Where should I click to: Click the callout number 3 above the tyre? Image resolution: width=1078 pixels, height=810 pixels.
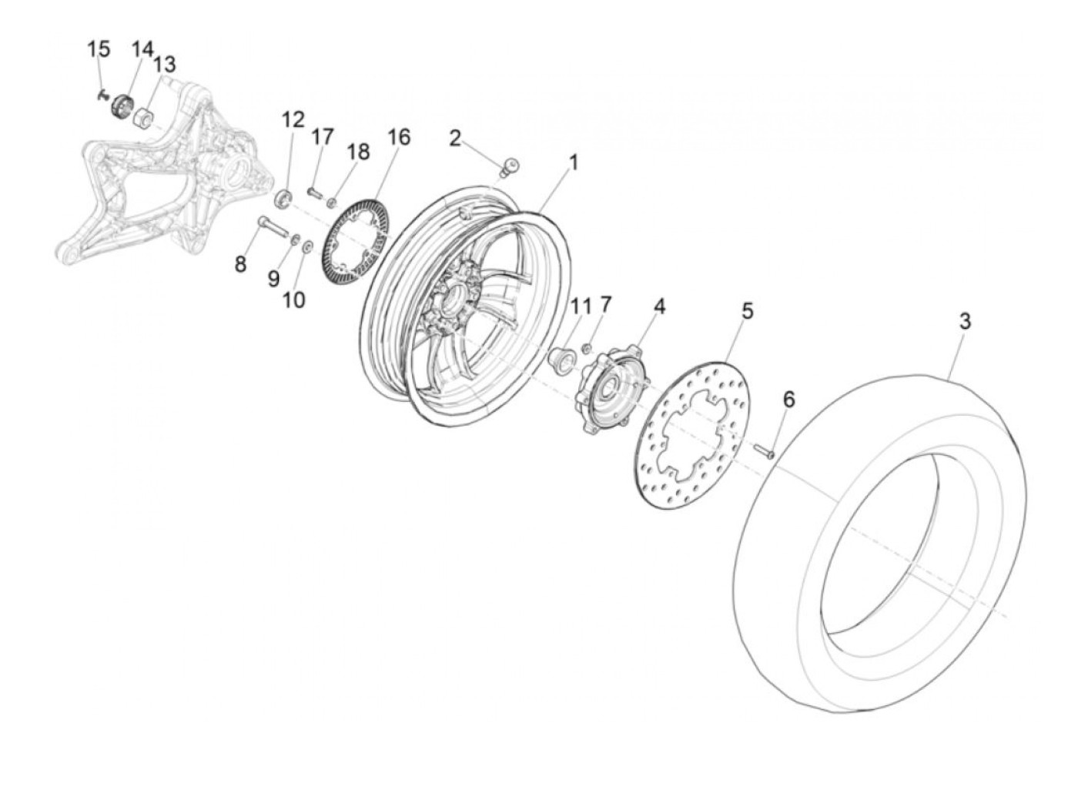pos(965,321)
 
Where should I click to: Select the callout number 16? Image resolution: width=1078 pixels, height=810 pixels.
pos(399,137)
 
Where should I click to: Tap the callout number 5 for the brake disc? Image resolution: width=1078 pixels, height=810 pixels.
pos(747,311)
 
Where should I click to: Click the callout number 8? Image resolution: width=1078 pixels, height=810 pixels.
pos(241,264)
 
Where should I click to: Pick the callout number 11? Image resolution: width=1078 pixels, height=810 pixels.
pos(579,306)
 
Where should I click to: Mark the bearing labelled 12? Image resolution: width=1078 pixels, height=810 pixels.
pos(283,198)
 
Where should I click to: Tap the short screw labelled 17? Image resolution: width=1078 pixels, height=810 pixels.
pos(314,190)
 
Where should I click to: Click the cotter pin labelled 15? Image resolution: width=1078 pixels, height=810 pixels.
pos(102,95)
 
